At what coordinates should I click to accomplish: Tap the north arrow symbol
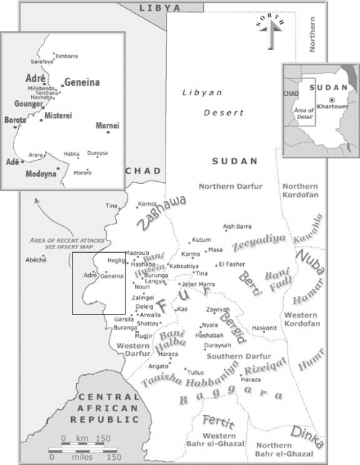pos(271,30)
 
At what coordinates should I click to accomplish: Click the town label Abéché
pos(35,259)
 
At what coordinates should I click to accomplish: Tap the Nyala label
pos(209,325)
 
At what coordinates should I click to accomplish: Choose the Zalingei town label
pos(143,298)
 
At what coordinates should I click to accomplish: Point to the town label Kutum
pos(202,240)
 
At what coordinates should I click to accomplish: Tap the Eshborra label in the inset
pos(66,56)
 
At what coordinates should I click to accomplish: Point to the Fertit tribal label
pos(218,421)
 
